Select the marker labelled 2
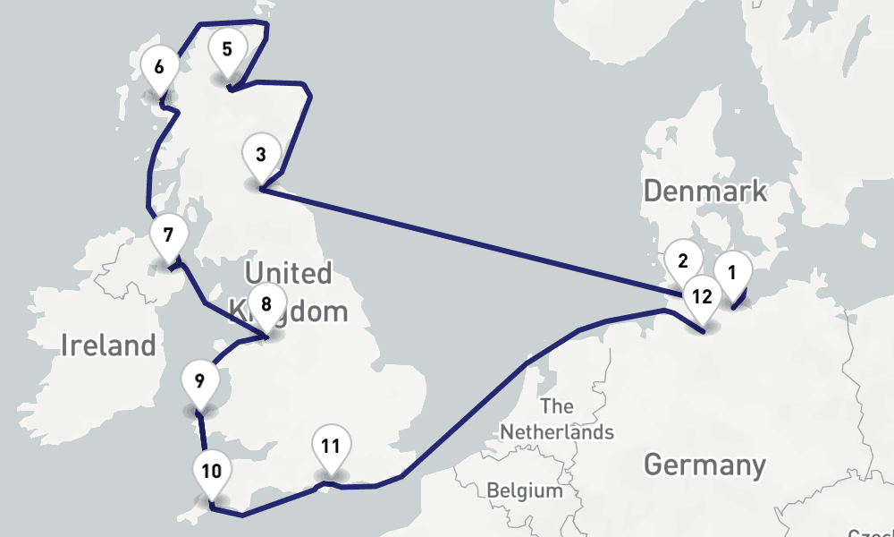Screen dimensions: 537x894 click(683, 262)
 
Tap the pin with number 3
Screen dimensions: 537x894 click(260, 155)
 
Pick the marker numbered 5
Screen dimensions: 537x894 click(227, 49)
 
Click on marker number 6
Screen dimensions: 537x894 click(159, 67)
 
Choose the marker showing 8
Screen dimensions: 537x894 click(266, 304)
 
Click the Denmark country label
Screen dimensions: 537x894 click(704, 191)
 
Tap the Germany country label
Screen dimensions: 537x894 click(704, 465)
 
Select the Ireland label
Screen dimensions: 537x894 click(108, 345)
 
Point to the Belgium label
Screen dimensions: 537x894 click(525, 490)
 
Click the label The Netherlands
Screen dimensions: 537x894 click(557, 419)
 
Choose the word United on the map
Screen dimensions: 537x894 click(288, 273)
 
